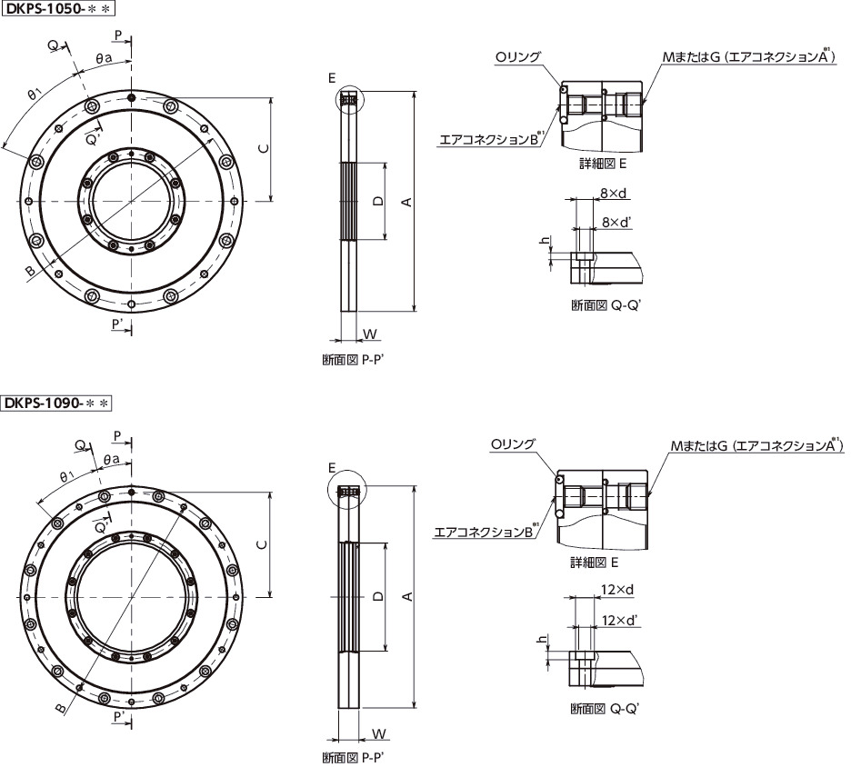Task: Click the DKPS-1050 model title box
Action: coord(58,8)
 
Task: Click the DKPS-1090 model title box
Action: coord(56,403)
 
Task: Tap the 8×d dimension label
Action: coord(614,193)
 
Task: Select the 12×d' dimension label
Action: coord(620,620)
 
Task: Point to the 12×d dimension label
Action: coord(617,590)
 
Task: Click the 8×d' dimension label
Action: coord(616,222)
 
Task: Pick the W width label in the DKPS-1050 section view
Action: coord(370,334)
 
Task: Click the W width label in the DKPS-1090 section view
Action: coord(379,734)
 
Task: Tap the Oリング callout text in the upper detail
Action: coord(517,57)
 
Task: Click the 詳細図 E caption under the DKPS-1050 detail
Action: coord(603,164)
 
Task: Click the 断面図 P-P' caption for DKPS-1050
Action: coord(354,360)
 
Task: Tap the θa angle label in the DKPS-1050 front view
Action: coord(104,58)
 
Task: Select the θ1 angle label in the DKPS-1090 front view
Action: coord(66,476)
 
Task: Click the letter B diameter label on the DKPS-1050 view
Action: coord(31,271)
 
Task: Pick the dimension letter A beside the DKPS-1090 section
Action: coord(407,596)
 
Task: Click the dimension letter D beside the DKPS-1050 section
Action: coord(378,201)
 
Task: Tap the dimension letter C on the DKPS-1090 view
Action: coord(263,544)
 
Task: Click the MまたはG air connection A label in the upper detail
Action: coord(749,56)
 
